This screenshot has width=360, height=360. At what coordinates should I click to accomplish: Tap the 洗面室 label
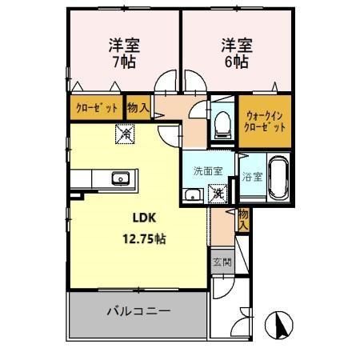(x=207, y=171)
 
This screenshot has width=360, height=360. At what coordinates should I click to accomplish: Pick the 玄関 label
(x=221, y=262)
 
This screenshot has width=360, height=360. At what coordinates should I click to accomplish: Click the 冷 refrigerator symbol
(x=125, y=134)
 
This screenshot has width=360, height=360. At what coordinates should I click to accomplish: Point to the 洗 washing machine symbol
(x=217, y=193)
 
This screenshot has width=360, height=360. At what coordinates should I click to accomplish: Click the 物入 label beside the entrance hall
(x=243, y=219)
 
